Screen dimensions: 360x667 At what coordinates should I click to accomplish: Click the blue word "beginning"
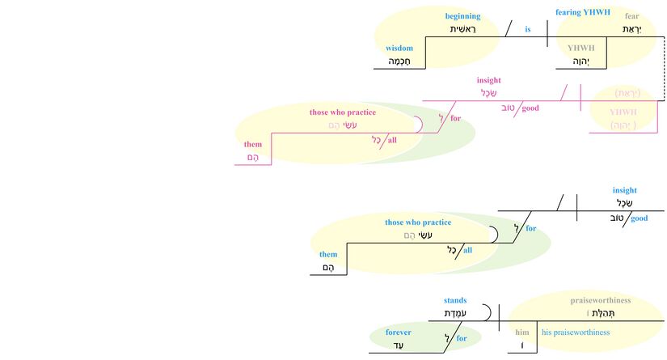coord(462,16)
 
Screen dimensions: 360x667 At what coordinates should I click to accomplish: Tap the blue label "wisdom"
coord(399,48)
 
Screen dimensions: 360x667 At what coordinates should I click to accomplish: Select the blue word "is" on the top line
coord(528,30)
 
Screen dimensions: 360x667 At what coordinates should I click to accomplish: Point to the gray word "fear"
coord(633,15)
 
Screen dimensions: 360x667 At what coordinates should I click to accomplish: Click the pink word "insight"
coord(489,80)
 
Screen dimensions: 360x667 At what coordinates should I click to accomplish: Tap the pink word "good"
coord(531,108)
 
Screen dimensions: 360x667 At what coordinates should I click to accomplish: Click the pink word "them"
coord(253,145)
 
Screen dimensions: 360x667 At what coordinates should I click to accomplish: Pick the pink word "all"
coord(392,140)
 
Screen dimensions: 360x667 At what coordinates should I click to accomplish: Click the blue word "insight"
coord(625,190)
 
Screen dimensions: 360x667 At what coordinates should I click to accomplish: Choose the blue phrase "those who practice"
coord(418,222)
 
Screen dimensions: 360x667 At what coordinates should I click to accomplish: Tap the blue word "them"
coord(328,254)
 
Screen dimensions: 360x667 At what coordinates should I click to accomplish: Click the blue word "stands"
coord(455,300)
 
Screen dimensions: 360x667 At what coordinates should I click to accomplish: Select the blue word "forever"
coord(398,332)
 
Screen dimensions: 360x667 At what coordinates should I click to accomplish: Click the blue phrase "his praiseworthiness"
coord(575,332)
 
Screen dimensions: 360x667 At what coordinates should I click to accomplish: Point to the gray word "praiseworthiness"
coord(600,300)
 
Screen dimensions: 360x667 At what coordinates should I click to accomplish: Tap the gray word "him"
coord(521,332)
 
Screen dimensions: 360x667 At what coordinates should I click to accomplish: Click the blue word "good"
coord(640,218)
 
